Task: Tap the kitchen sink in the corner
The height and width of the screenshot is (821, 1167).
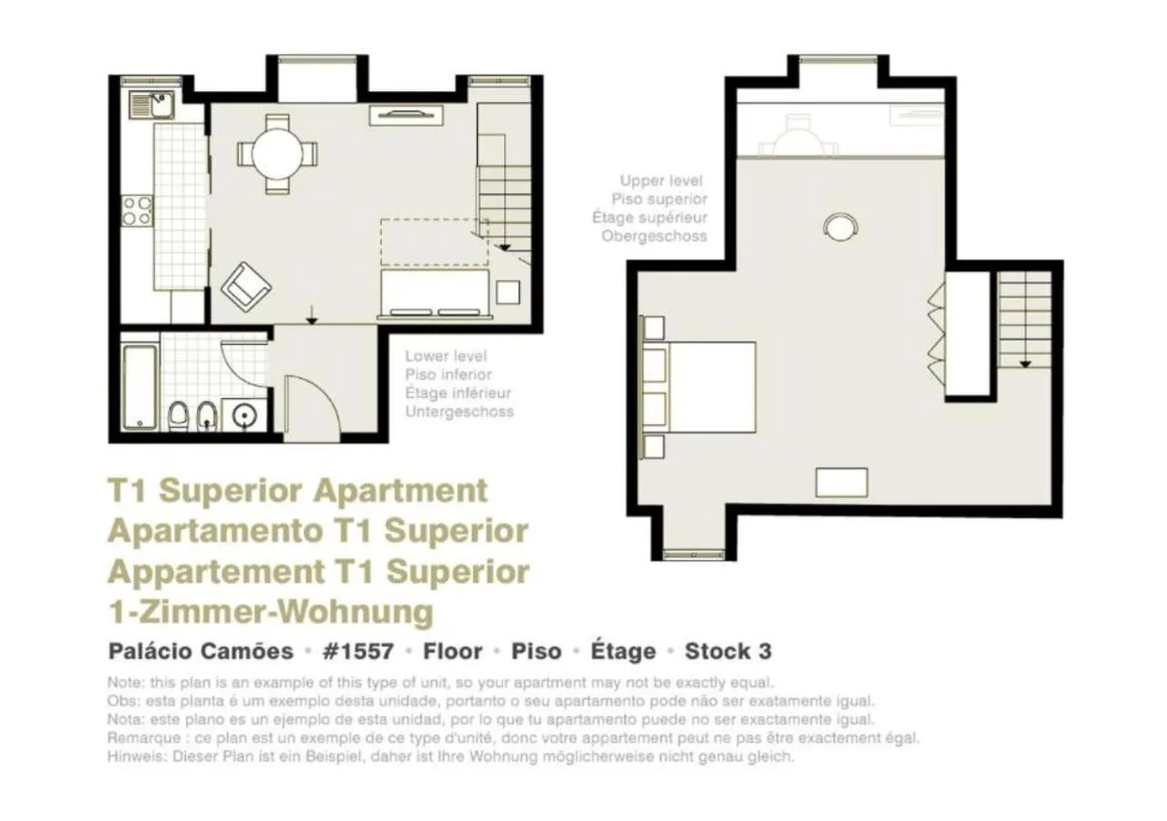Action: [x=151, y=105]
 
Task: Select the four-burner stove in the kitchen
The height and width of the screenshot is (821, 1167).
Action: [x=138, y=212]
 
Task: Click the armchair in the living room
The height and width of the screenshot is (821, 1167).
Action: [x=245, y=286]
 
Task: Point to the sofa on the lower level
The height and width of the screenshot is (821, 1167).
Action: [x=434, y=295]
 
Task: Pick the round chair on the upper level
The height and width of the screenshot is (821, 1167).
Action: [x=840, y=226]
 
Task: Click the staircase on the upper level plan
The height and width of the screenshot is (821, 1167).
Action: [x=1025, y=319]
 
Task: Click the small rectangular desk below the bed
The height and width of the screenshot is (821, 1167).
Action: [x=841, y=483]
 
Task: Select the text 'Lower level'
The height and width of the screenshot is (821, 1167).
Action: [x=446, y=357]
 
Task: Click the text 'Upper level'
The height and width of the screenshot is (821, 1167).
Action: [x=661, y=182]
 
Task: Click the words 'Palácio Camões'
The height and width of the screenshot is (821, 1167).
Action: [x=201, y=651]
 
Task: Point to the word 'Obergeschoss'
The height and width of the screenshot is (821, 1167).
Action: [x=654, y=236]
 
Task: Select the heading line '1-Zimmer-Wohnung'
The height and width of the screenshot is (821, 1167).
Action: [x=270, y=611]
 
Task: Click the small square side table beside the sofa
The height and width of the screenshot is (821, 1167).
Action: [x=508, y=292]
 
